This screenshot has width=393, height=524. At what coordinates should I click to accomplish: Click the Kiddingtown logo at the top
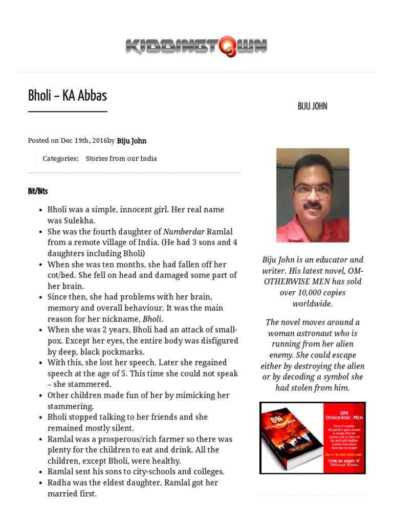[196, 47]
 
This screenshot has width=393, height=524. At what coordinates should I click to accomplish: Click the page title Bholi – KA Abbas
[67, 96]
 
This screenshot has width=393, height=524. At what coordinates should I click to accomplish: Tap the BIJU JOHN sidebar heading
[312, 106]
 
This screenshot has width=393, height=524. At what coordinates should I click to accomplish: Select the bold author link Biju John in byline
[132, 141]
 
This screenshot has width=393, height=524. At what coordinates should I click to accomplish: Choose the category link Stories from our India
[121, 159]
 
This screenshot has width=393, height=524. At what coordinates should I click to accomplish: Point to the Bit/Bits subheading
[38, 191]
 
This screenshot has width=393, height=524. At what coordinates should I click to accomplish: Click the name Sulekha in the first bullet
[78, 221]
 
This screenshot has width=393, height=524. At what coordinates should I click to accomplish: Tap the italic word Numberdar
[184, 232]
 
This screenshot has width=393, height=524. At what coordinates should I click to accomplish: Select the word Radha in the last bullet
[58, 483]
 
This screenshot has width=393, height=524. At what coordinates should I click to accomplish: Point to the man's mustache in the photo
[313, 206]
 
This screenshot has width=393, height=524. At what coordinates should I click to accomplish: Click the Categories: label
[60, 159]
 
